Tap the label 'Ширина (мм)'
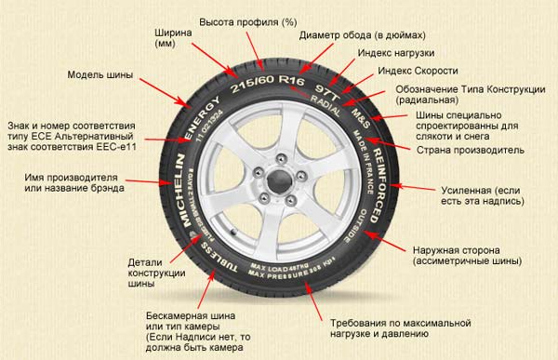(x=173, y=38)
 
